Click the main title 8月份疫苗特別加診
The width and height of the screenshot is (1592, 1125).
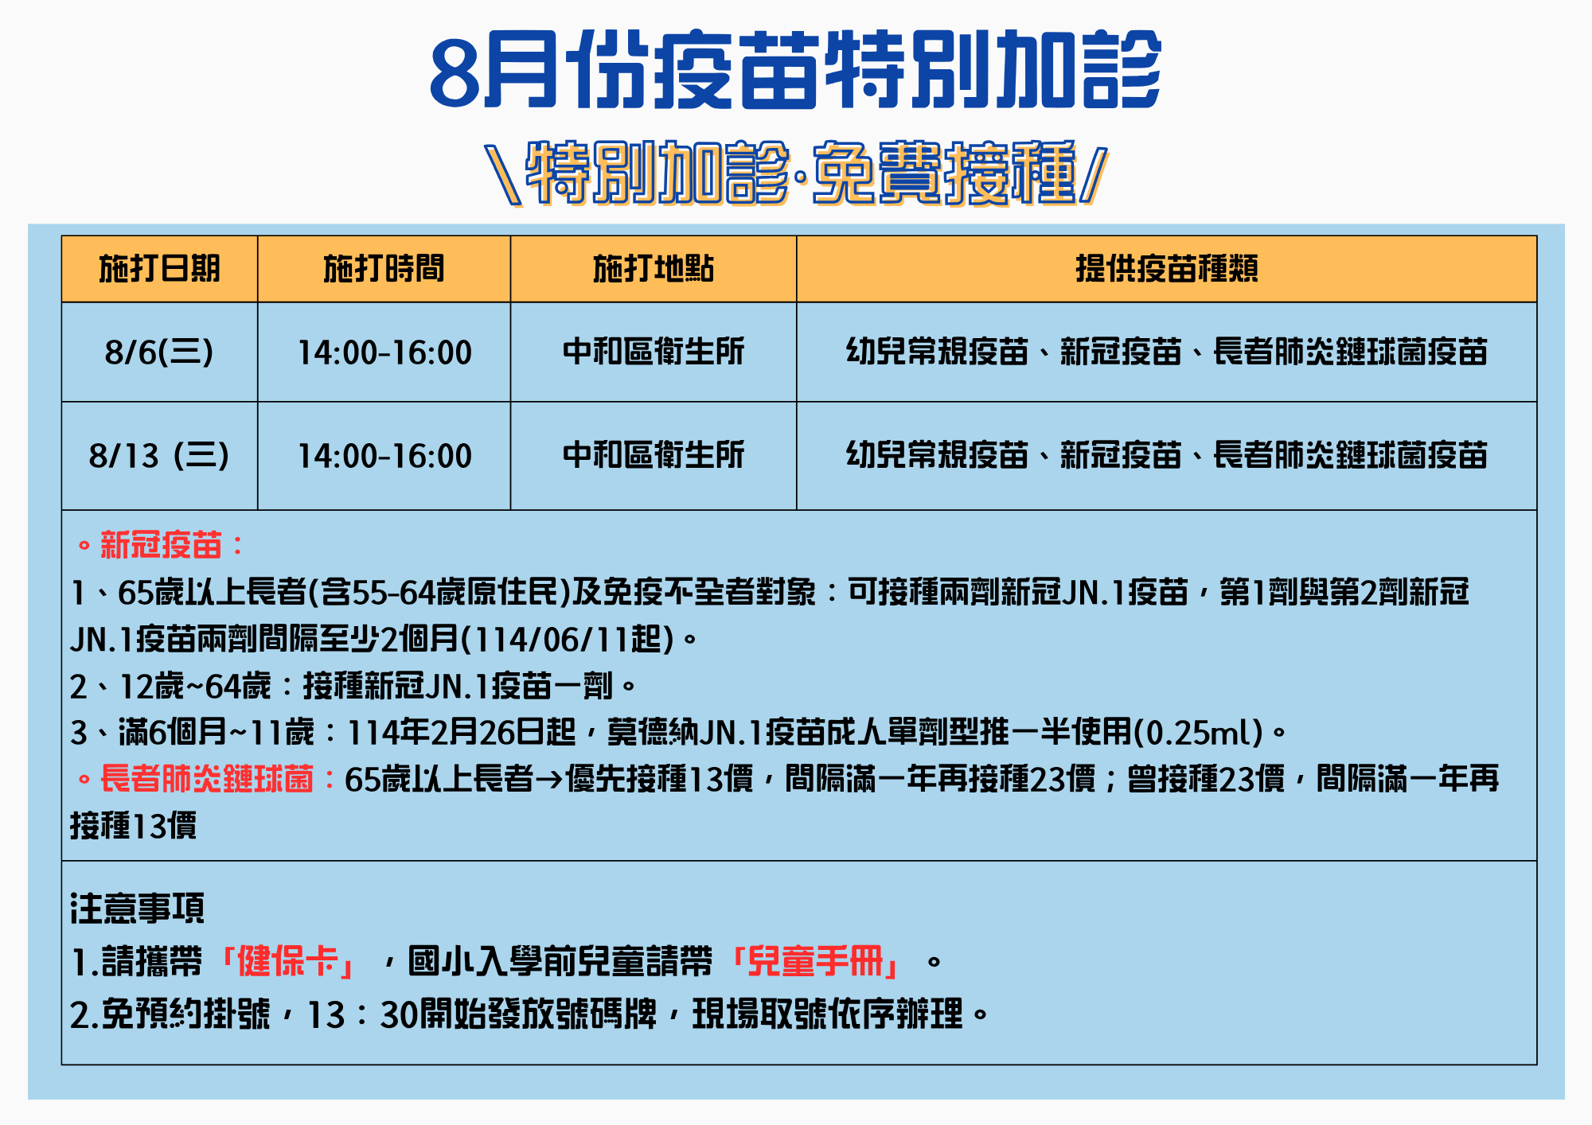pos(795,69)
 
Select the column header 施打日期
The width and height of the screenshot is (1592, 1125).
pos(159,269)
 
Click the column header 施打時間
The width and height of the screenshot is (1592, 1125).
pos(384,269)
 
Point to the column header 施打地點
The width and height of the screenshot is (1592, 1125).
pos(654,269)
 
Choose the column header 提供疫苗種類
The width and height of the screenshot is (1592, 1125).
pos(1167,269)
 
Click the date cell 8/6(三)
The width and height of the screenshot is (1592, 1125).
pos(159,352)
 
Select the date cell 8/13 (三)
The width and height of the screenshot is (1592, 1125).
pos(159,456)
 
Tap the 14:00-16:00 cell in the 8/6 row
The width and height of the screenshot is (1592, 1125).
pos(384,352)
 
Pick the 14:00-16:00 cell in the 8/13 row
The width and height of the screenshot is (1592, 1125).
pos(384,456)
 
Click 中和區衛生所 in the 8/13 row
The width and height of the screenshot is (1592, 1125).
pos(654,455)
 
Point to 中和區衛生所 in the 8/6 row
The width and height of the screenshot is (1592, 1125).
pos(654,352)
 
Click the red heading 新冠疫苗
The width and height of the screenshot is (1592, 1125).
pos(161,546)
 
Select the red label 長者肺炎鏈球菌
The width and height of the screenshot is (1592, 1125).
pos(207,779)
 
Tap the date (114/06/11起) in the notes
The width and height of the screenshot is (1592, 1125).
pos(568,639)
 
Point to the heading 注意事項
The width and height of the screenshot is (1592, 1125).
pos(138,908)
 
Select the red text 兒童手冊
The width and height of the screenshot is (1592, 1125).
pos(816,961)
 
